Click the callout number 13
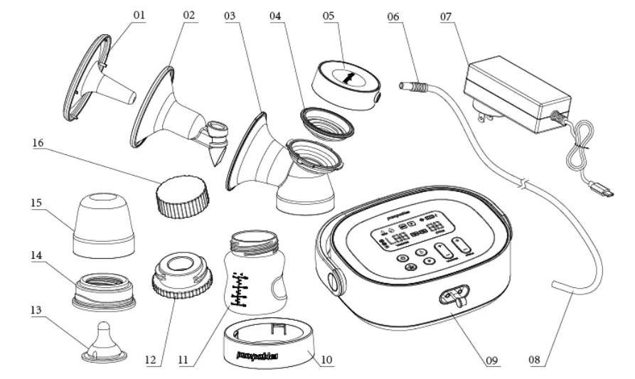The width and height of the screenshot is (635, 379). tap(36, 310)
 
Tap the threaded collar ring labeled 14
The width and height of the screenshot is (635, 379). tap(104, 291)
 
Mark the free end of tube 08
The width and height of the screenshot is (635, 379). tap(555, 285)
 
